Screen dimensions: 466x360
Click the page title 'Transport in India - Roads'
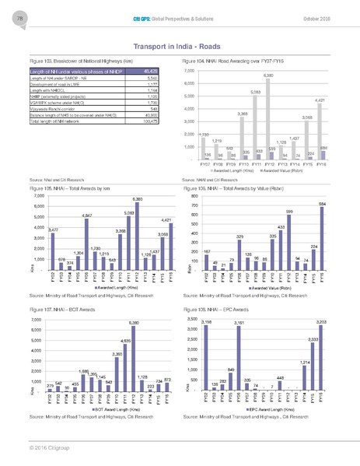pos(180,46)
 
